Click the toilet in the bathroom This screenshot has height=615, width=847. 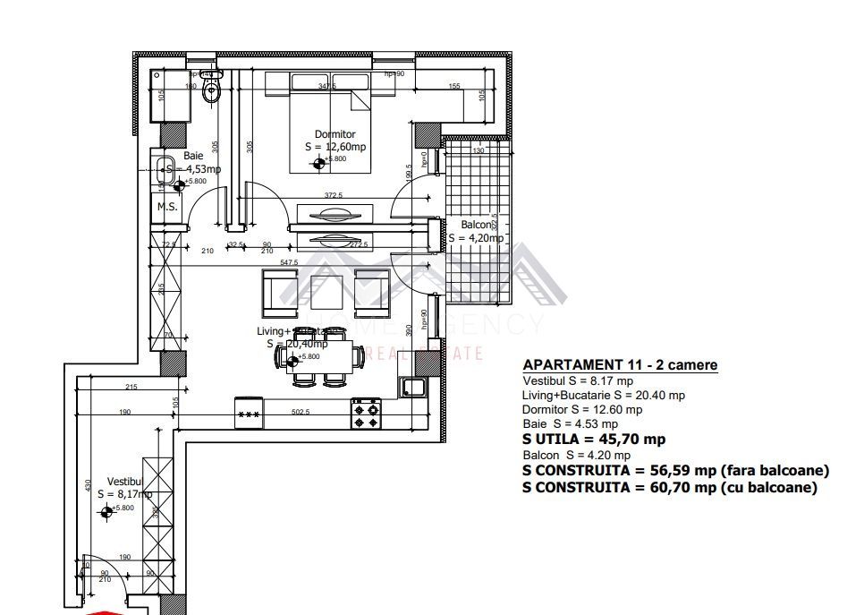click(x=212, y=89)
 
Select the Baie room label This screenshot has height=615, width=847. click(x=193, y=156)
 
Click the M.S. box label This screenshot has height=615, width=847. click(x=167, y=207)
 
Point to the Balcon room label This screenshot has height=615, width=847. click(x=476, y=225)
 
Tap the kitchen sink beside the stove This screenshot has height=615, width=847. click(x=412, y=388)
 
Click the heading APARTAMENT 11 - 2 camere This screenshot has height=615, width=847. click(x=619, y=365)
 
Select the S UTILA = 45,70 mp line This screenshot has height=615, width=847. click(x=593, y=440)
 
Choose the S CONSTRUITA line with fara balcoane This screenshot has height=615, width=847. click(x=675, y=471)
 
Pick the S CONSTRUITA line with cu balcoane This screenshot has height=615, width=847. click(x=669, y=488)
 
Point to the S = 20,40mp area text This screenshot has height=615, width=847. click(x=296, y=343)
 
